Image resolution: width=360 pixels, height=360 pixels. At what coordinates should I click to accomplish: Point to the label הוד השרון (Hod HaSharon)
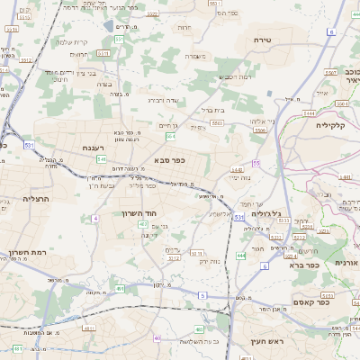[x=139, y=213]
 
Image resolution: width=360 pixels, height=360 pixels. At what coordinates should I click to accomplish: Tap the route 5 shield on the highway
[x=202, y=295]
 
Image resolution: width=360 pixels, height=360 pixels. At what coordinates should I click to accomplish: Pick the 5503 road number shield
[x=260, y=130]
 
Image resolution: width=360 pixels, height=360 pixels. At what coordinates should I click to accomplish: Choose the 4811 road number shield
[x=18, y=348]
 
